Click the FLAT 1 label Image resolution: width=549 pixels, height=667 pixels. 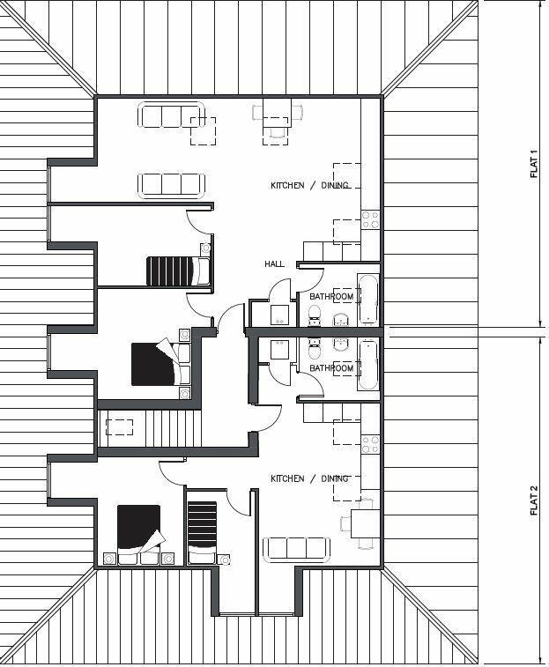(534, 164)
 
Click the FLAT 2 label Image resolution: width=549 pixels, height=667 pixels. (534, 500)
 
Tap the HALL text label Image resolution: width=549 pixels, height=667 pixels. (275, 264)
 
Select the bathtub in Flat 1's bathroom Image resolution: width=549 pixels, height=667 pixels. (367, 299)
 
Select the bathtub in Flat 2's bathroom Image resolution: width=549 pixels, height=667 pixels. (367, 365)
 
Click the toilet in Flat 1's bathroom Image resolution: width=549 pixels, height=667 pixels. (315, 315)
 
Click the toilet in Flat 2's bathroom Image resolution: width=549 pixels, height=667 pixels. (315, 349)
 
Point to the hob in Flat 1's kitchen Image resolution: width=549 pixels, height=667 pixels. (370, 219)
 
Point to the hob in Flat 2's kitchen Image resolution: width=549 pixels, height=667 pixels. (370, 444)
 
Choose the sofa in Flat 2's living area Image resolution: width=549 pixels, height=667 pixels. (296, 549)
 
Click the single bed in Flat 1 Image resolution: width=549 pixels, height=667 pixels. (178, 271)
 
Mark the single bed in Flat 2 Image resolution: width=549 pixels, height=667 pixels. (202, 532)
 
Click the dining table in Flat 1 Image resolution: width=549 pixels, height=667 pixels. (278, 113)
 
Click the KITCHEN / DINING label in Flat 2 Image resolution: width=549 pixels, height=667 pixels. (309, 479)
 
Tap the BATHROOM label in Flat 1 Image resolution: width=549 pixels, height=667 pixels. (331, 296)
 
